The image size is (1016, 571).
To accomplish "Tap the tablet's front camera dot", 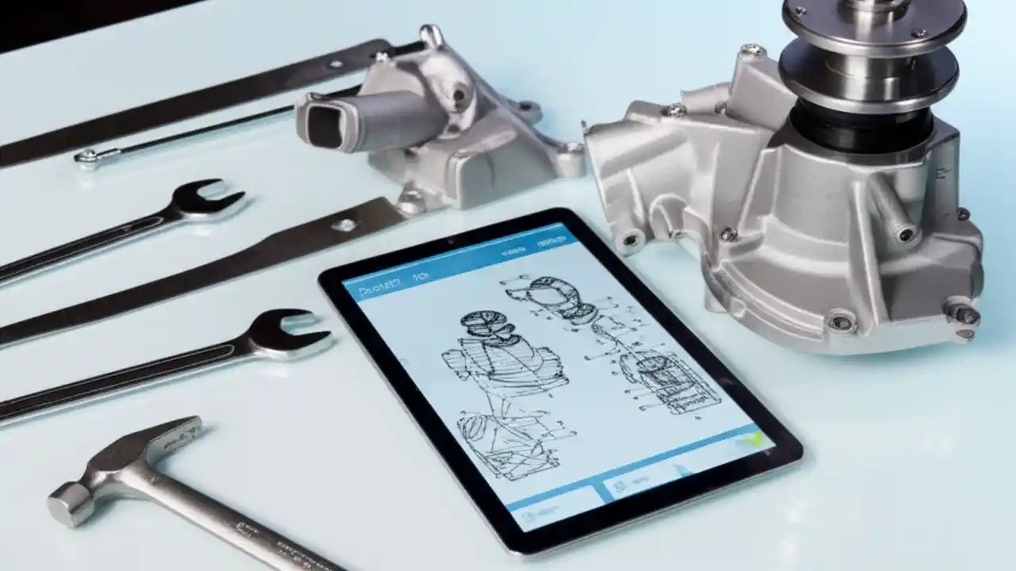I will (449, 240).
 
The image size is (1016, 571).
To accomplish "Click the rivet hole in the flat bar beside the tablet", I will (344, 225).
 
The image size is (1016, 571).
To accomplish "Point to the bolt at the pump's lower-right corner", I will (964, 315).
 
